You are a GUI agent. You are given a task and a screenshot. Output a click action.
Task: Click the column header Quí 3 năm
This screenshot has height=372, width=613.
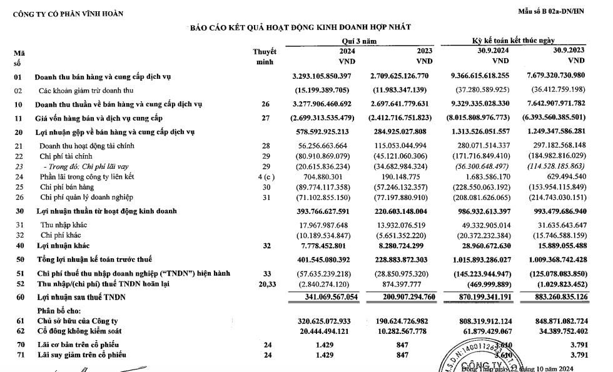pos(347,41)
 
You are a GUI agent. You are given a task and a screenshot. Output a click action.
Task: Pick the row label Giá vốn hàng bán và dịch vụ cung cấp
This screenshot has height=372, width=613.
pos(99,118)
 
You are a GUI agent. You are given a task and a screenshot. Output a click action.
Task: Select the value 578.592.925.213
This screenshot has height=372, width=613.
pos(331,133)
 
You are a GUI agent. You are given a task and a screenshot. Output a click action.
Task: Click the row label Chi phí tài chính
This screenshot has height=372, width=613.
pos(65,156)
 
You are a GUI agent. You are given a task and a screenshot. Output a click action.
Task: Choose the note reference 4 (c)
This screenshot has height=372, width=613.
pos(264,176)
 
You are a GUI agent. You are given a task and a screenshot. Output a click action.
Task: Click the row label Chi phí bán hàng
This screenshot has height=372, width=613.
pos(65,186)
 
